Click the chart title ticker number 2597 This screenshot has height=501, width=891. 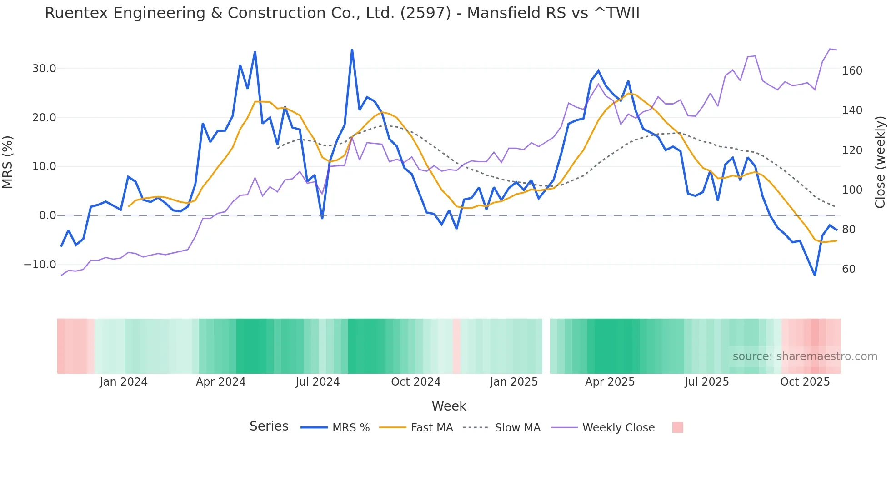pyautogui.click(x=425, y=13)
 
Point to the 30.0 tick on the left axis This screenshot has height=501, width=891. pyautogui.click(x=44, y=69)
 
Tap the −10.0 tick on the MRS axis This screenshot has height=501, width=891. pyautogui.click(x=40, y=265)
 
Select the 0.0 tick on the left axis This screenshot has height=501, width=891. pyautogui.click(x=47, y=215)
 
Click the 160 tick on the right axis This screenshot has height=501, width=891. pyautogui.click(x=852, y=71)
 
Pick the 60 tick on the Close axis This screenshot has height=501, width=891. pyautogui.click(x=848, y=269)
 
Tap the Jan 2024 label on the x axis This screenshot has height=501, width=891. pyautogui.click(x=124, y=382)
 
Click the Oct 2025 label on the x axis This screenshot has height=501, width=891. pyautogui.click(x=805, y=382)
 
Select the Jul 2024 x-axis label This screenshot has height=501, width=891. pyautogui.click(x=317, y=382)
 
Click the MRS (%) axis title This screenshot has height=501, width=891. pyautogui.click(x=8, y=162)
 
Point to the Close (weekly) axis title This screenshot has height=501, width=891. pyautogui.click(x=880, y=162)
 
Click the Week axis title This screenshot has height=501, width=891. pyautogui.click(x=449, y=406)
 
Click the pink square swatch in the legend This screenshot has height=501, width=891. pyautogui.click(x=677, y=427)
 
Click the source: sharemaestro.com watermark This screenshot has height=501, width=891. pyautogui.click(x=805, y=356)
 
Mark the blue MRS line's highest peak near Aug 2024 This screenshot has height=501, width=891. pyautogui.click(x=352, y=50)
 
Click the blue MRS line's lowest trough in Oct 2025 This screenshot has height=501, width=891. pyautogui.click(x=815, y=275)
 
